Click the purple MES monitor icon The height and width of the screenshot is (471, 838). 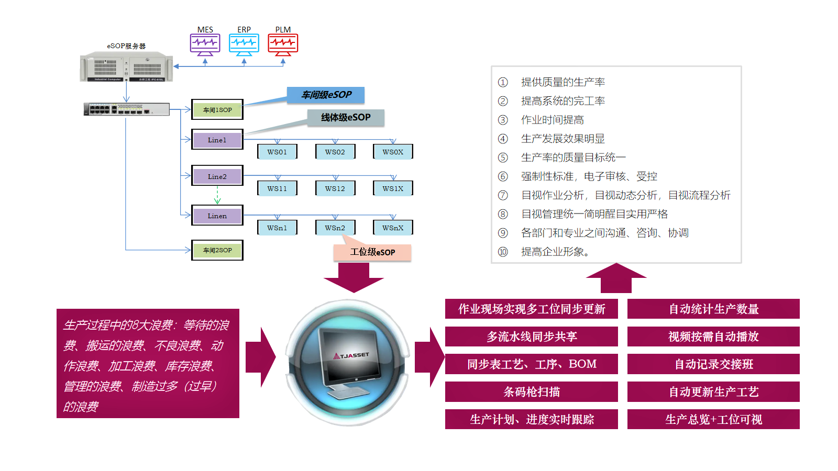pyautogui.click(x=205, y=44)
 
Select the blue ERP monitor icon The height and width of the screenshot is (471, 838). pyautogui.click(x=244, y=44)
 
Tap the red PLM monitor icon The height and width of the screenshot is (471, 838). pyautogui.click(x=283, y=44)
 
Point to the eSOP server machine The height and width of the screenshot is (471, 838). pyautogui.click(x=126, y=67)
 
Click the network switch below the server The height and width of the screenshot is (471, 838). pyautogui.click(x=126, y=109)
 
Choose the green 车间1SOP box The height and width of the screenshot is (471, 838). pyautogui.click(x=217, y=110)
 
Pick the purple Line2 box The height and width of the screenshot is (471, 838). pyautogui.click(x=217, y=176)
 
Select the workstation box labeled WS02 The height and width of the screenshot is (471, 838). pyautogui.click(x=335, y=152)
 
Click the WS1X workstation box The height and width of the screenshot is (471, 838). pyautogui.click(x=393, y=188)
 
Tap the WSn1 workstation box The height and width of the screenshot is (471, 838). pyautogui.click(x=277, y=228)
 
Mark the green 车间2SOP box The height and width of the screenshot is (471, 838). pyautogui.click(x=217, y=250)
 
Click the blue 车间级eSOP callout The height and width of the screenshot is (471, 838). pyautogui.click(x=326, y=95)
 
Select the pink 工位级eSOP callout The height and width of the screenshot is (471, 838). pyautogui.click(x=372, y=252)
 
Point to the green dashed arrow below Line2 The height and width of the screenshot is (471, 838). pyautogui.click(x=217, y=195)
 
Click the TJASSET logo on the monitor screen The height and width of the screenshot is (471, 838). pyautogui.click(x=351, y=355)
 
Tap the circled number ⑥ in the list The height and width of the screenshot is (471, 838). pyautogui.click(x=503, y=176)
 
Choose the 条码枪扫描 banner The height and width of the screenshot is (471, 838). pyautogui.click(x=532, y=391)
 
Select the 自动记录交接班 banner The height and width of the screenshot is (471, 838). pyautogui.click(x=713, y=364)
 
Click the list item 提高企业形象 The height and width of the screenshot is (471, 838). pyautogui.click(x=555, y=252)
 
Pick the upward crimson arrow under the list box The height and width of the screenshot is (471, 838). pyautogui.click(x=616, y=278)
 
